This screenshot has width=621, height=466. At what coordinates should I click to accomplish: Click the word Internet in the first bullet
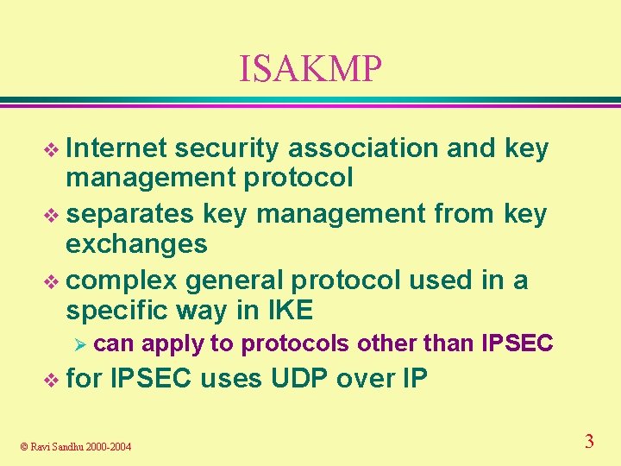click(x=116, y=148)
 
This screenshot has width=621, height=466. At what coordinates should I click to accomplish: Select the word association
click(x=363, y=148)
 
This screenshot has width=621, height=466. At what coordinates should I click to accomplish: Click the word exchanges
click(x=136, y=244)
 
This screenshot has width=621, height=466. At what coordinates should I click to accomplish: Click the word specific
click(x=116, y=310)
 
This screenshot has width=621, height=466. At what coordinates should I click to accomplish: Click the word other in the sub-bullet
click(x=387, y=343)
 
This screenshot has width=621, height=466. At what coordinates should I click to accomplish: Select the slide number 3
click(x=589, y=442)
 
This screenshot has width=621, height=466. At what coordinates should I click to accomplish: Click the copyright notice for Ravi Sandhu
click(x=77, y=446)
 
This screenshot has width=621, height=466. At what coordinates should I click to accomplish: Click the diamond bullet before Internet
click(x=53, y=150)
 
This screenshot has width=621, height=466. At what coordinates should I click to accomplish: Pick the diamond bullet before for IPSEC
click(x=53, y=380)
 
